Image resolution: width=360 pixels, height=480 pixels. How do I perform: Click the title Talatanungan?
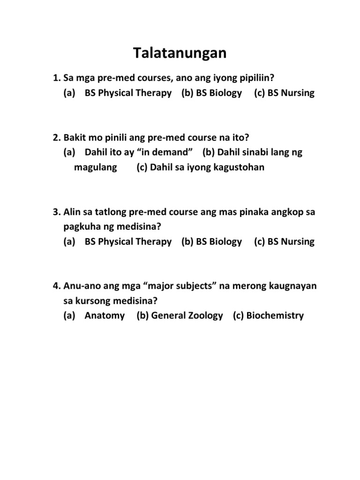[x=180, y=53]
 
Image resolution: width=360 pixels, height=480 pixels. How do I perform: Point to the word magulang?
[x=96, y=167]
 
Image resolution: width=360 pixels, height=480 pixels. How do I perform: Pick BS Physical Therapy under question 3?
[x=128, y=242]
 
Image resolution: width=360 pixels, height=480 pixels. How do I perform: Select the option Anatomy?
[x=105, y=315]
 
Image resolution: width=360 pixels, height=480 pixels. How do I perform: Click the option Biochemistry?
[x=275, y=315]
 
